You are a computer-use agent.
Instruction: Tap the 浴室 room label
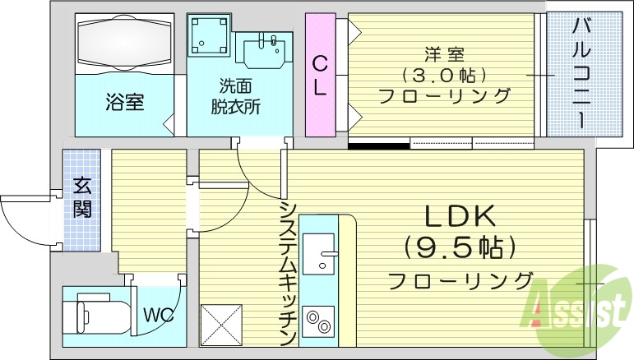pyautogui.click(x=125, y=104)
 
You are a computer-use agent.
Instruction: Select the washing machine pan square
pyautogui.click(x=209, y=36)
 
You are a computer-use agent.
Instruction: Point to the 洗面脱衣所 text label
pyautogui.click(x=239, y=95)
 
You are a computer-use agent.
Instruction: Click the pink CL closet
pyautogui.click(x=320, y=75)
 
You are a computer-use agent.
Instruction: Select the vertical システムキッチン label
pyautogui.click(x=287, y=274)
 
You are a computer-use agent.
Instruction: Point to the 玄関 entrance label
pyautogui.click(x=82, y=196)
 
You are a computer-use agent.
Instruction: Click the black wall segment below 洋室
pyautogui.click(x=378, y=146)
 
